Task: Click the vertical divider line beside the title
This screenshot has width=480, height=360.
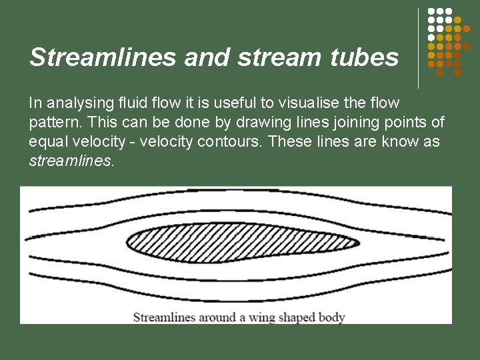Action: click(x=419, y=48)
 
